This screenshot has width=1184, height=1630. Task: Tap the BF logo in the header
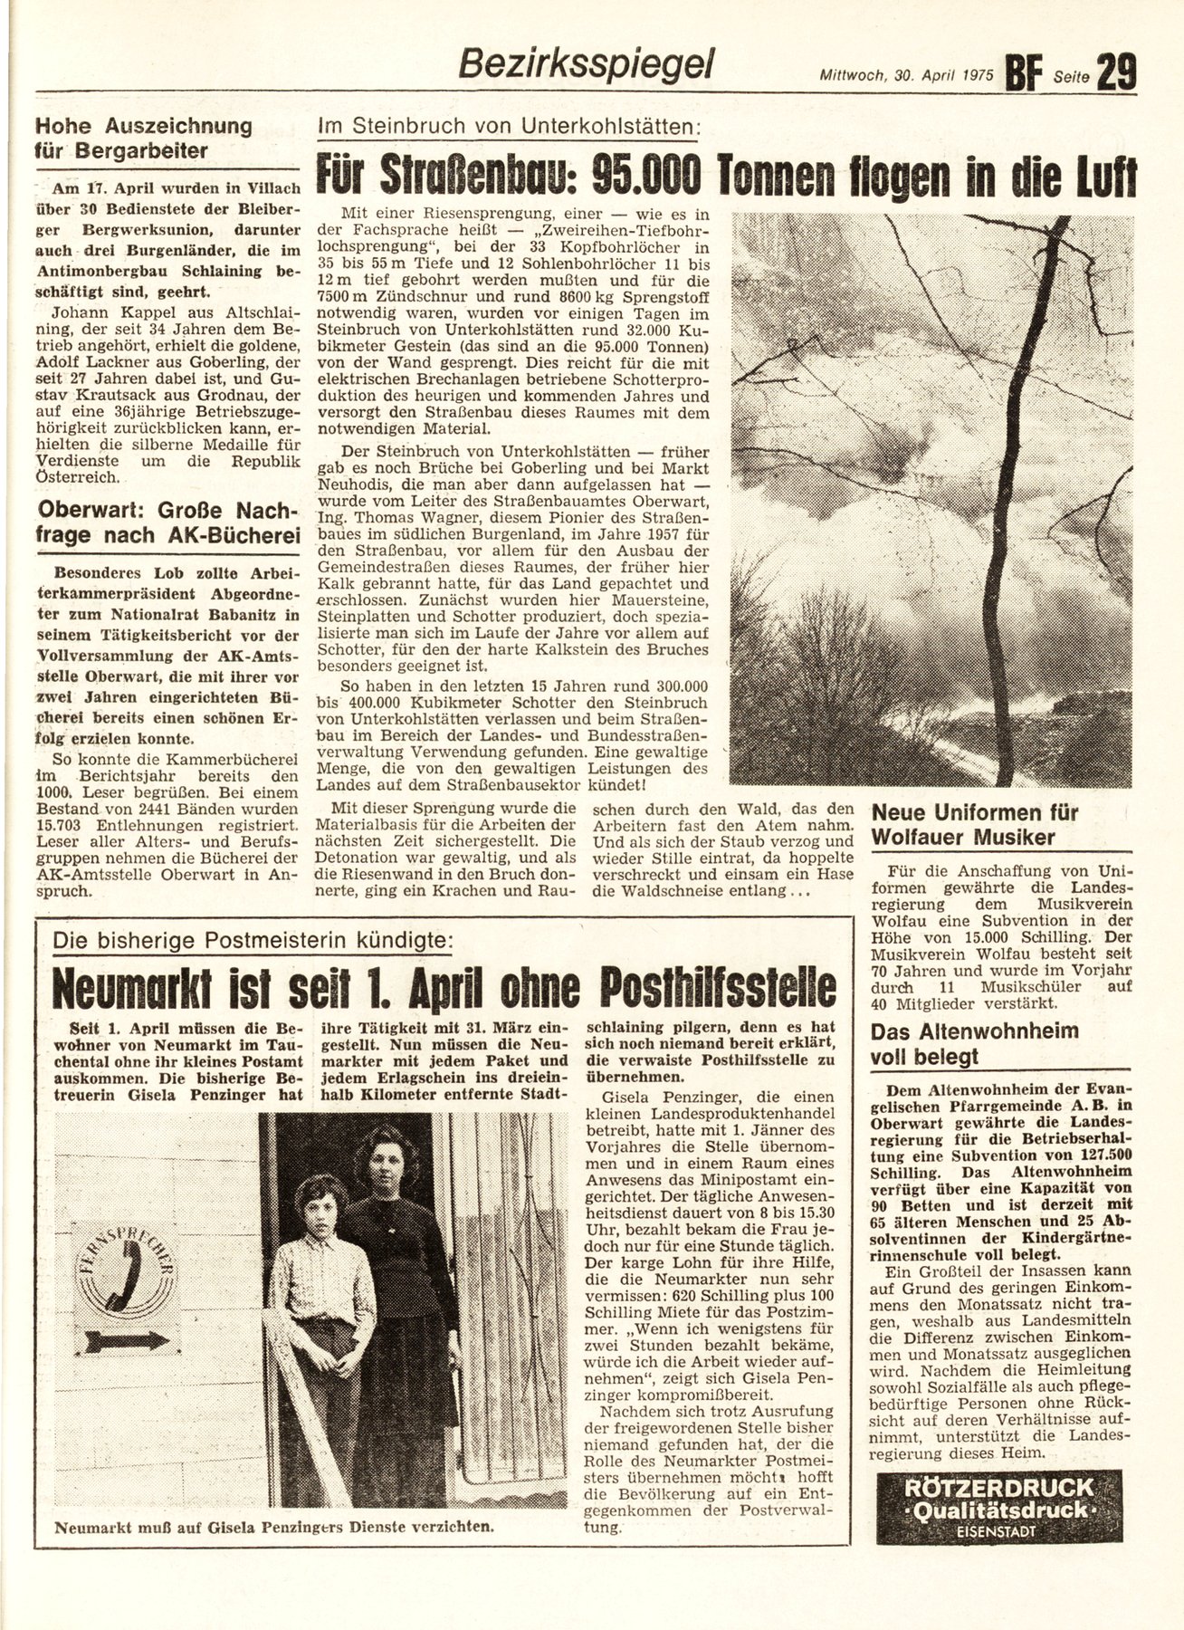tap(1026, 71)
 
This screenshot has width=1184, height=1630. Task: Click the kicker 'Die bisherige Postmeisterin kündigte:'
tap(252, 942)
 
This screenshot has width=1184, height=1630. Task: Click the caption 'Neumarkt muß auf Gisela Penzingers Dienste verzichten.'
tap(273, 1526)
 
